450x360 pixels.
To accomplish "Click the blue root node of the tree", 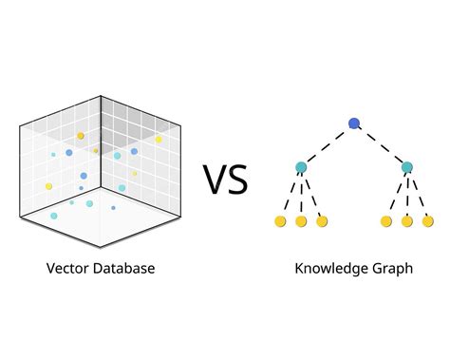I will point(354,123).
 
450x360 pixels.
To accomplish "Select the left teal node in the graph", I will point(301,168).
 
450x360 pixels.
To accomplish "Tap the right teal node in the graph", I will point(406,168).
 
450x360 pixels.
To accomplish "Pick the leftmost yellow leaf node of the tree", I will point(279,221).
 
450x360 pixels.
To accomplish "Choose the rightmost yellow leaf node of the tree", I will point(428,221).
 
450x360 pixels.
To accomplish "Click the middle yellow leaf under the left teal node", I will point(301,221).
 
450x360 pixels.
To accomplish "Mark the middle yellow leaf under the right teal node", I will point(407,221).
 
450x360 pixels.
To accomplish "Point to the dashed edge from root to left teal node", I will point(328,145).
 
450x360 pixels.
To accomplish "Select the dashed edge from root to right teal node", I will point(381,145).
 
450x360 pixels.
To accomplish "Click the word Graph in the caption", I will point(393,269).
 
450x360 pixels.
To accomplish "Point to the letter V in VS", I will point(214,179).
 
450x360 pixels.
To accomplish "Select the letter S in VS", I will point(237,179).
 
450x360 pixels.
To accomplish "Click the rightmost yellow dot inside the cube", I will point(159,140).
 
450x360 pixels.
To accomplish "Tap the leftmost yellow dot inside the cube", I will point(48,186).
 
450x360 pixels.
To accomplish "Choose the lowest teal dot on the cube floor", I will point(53,216).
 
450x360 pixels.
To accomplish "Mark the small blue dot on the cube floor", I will point(113,207).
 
